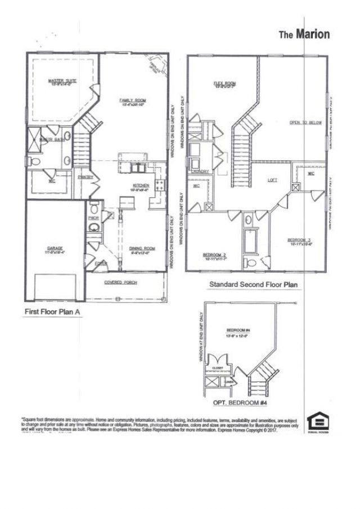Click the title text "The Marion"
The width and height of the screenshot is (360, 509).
[304, 35]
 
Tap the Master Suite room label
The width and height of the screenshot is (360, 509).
[62, 81]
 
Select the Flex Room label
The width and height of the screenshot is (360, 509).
[224, 84]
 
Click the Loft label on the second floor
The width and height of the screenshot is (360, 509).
[273, 180]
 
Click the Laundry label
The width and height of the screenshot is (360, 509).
[200, 172]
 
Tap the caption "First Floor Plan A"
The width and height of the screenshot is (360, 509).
[53, 311]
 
